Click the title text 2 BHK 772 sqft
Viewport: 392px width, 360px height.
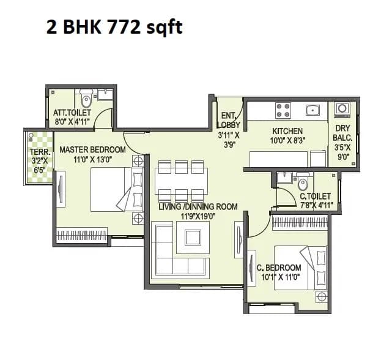coord(114,27)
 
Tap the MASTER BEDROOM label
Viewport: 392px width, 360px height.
coord(92,149)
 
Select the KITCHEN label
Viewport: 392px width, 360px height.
coord(287,130)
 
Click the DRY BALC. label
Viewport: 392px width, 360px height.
coord(342,133)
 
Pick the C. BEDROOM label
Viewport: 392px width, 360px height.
coord(279,268)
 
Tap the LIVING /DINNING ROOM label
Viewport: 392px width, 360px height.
coord(198,207)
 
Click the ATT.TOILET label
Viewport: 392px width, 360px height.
coord(72,113)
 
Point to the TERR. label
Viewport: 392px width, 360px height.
coord(40,152)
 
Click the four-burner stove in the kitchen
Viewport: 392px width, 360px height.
coord(283,110)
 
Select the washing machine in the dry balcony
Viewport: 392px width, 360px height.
coord(342,109)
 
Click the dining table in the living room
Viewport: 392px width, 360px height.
coord(180,181)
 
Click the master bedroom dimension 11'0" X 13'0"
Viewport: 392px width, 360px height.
coord(93,159)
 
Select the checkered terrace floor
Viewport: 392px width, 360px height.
coord(39,171)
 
